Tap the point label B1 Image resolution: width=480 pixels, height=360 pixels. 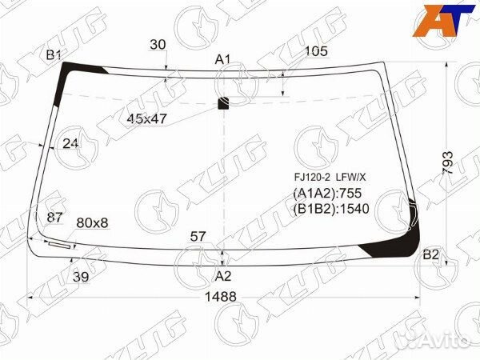54,54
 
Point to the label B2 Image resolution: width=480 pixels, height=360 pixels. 431,255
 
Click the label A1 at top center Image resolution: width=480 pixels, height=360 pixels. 222,59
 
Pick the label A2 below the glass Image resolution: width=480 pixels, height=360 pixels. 222,277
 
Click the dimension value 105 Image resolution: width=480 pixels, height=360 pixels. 317,52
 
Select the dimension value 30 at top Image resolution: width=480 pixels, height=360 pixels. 158,45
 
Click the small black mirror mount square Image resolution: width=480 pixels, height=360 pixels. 224,102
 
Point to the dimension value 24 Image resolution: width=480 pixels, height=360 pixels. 71,144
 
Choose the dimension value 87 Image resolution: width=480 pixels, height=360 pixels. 55,218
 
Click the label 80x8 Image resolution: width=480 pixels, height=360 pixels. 92,222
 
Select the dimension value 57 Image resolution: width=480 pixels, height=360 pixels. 198,236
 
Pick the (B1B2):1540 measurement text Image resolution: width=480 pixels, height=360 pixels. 334,210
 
